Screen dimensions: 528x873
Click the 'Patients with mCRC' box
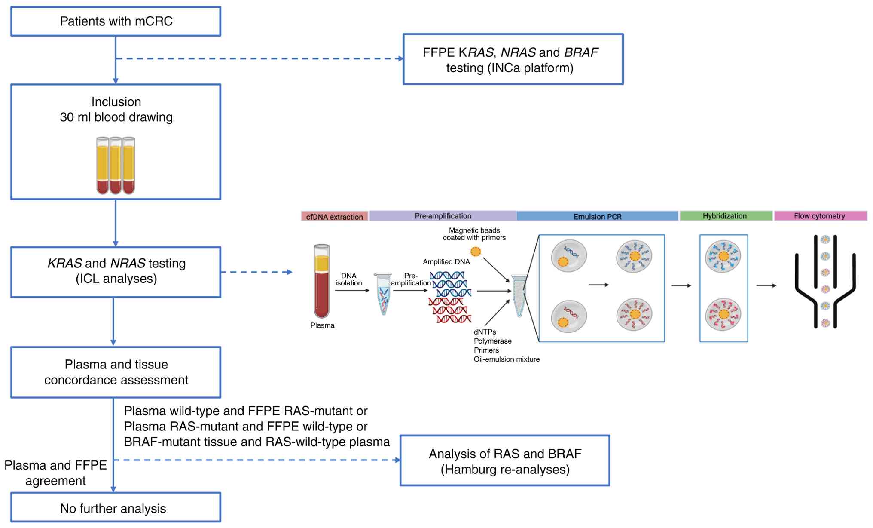tap(116, 21)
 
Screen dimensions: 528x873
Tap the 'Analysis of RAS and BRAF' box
tap(505, 460)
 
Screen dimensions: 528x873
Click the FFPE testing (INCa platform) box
tap(513, 59)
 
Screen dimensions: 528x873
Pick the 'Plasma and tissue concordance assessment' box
tap(116, 372)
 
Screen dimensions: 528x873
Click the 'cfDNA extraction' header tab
tap(334, 217)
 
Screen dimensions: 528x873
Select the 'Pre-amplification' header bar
tap(443, 216)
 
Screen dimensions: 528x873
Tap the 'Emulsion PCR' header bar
tap(597, 216)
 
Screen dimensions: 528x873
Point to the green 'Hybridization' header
tap(726, 216)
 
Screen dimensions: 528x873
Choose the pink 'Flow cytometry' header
tap(820, 216)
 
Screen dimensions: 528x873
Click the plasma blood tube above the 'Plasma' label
tap(321, 281)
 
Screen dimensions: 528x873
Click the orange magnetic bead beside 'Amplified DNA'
tap(476, 251)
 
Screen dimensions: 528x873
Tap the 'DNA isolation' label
tap(348, 279)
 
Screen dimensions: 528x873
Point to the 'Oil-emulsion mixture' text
tap(507, 359)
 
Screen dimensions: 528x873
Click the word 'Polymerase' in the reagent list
tap(492, 341)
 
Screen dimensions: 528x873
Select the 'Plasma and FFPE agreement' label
tap(55, 473)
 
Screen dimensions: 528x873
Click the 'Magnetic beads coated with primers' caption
tap(474, 234)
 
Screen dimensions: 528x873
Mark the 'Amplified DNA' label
tap(446, 262)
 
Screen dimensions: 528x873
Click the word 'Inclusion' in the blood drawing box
tap(116, 102)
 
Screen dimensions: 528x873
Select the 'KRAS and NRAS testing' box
tap(116, 272)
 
